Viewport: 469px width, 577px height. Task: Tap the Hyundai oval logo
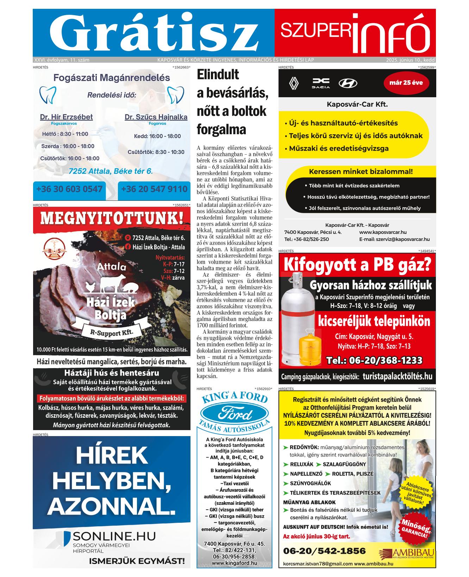point(348,83)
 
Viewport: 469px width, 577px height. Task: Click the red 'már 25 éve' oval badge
point(406,83)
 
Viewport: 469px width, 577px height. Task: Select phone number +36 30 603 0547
point(69,189)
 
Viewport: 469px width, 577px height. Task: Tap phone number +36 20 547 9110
point(154,189)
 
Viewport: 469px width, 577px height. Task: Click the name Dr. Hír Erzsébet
point(66,117)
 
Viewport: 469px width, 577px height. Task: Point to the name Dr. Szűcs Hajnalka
point(156,117)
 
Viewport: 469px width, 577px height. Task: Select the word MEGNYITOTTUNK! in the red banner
point(112,218)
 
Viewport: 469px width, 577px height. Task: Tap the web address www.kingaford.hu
point(234,563)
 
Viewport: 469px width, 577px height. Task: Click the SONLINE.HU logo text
point(114,536)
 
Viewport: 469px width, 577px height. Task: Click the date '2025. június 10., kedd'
point(410,60)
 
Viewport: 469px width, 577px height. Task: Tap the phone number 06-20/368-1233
point(374,360)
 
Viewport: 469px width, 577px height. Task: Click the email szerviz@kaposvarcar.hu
point(394,239)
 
